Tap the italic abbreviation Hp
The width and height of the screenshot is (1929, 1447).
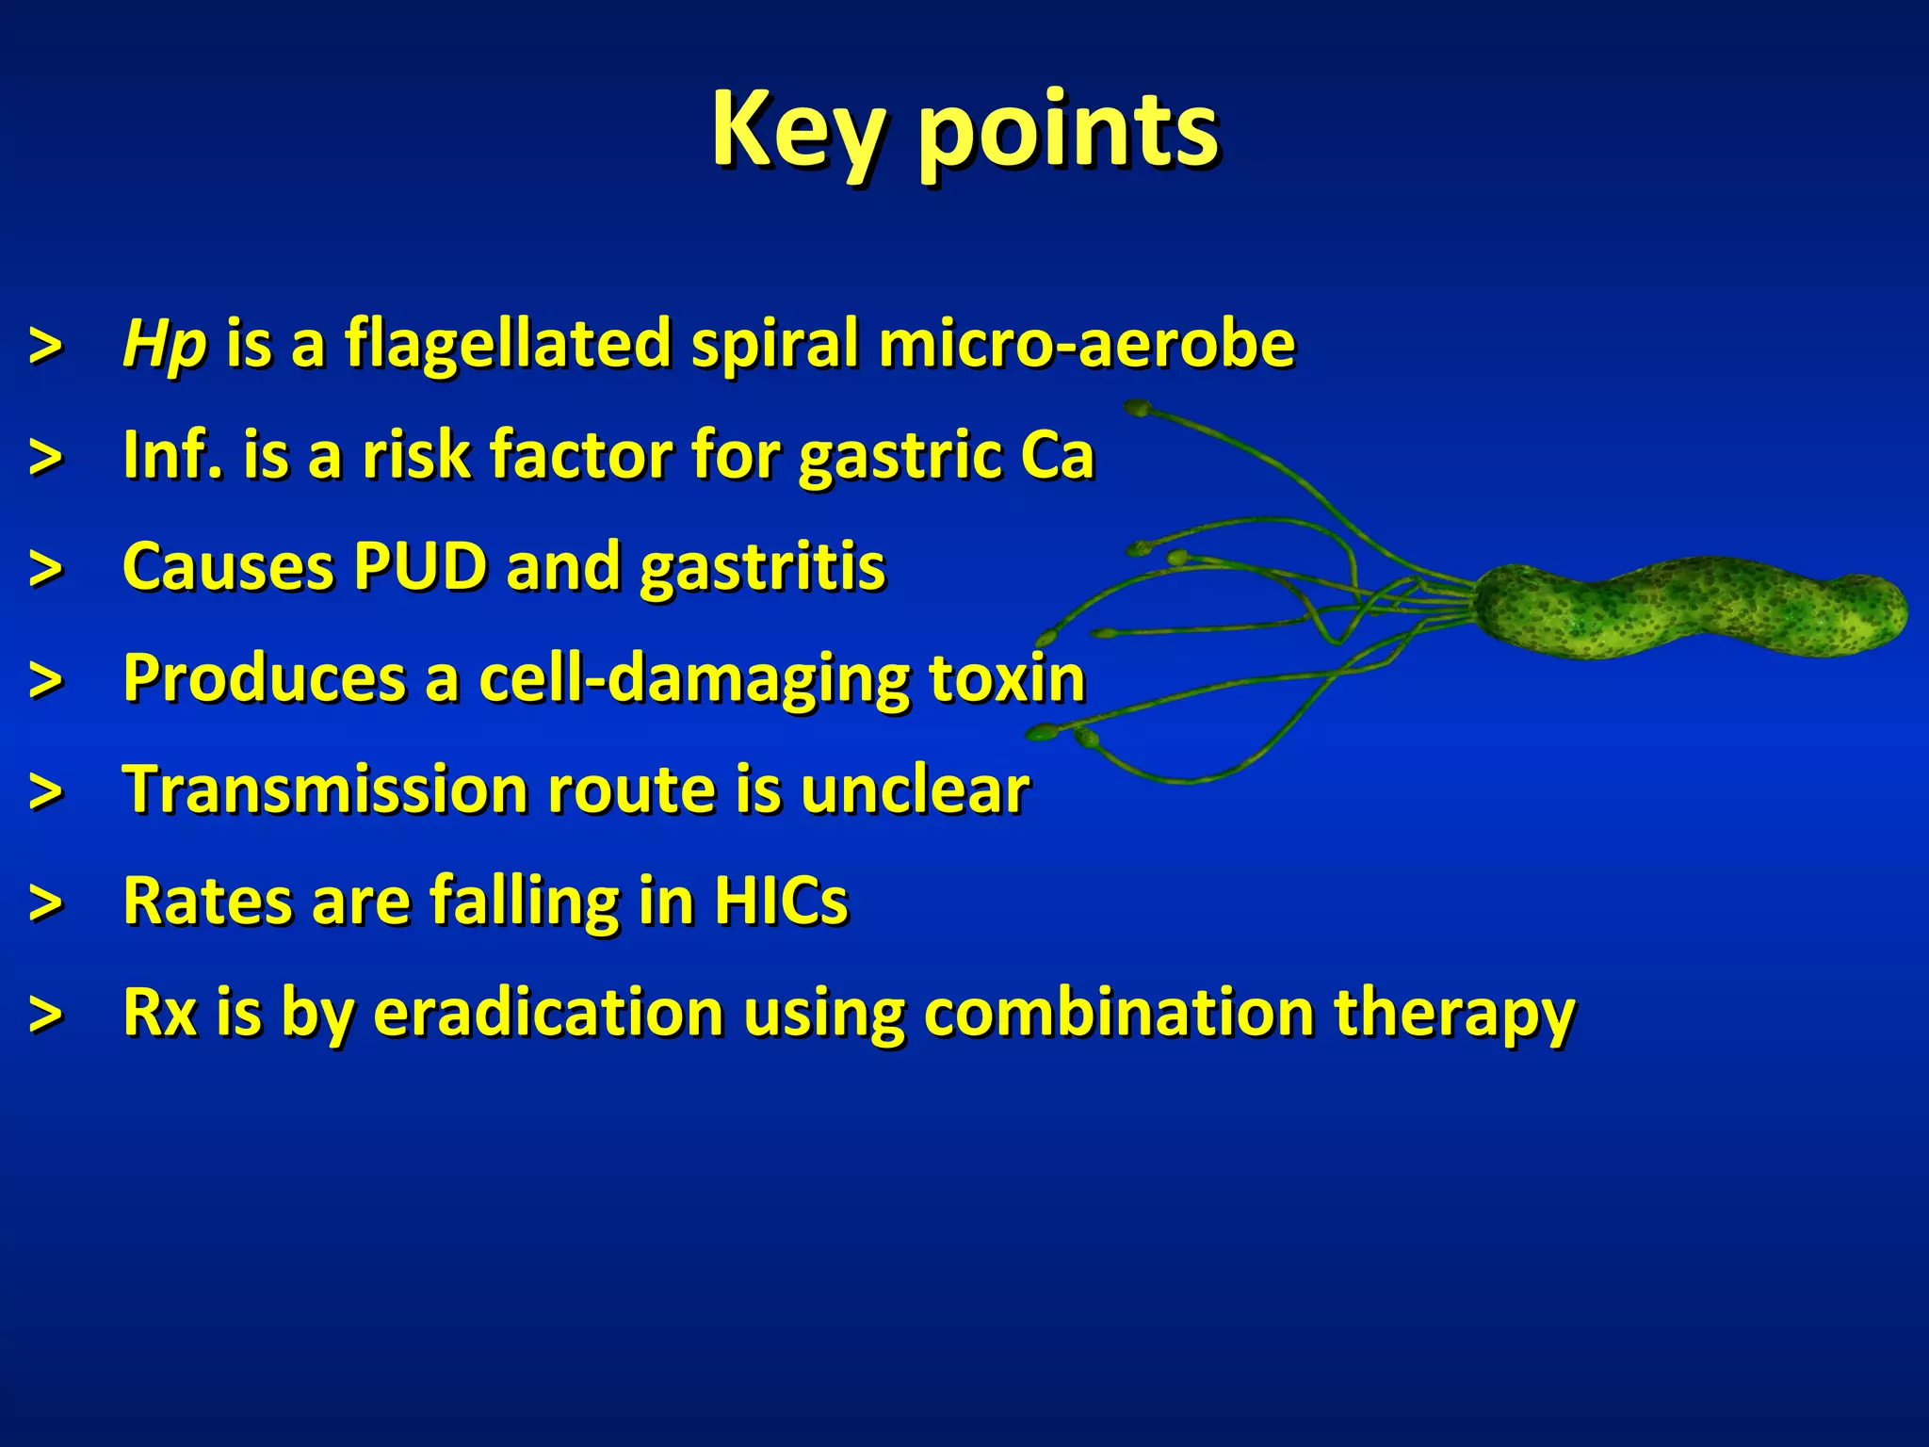click(164, 345)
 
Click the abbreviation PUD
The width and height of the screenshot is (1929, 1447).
click(420, 567)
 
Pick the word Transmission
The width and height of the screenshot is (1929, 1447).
click(325, 789)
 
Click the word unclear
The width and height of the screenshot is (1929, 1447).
click(915, 789)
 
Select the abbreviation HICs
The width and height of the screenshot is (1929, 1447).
click(781, 901)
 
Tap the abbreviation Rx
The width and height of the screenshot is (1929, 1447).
click(160, 1012)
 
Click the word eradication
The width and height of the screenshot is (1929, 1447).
click(548, 1012)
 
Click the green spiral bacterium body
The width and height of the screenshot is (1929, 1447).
click(1686, 608)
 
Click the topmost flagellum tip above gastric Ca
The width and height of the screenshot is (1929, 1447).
click(1138, 409)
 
